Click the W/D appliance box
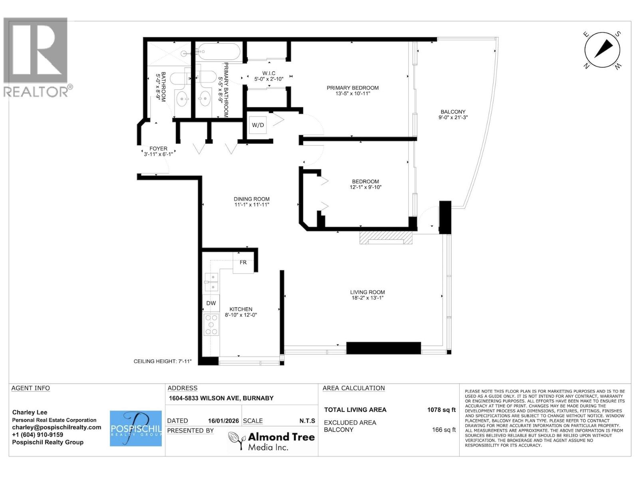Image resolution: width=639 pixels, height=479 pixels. click(x=258, y=125)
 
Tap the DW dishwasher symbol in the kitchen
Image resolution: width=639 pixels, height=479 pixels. click(x=211, y=303)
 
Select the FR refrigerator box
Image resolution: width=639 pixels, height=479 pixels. click(x=243, y=263)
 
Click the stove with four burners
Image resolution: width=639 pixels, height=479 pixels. click(x=211, y=325)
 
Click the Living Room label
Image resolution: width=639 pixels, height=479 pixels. click(x=367, y=292)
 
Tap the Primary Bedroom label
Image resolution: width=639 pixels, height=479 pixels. click(x=353, y=88)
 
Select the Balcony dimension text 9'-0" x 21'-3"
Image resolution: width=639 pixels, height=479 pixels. click(x=453, y=117)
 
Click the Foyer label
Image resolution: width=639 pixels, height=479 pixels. click(x=158, y=148)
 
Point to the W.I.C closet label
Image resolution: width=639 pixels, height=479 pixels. click(x=269, y=73)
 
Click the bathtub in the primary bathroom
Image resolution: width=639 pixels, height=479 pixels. click(x=218, y=52)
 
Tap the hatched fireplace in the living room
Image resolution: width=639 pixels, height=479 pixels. click(x=385, y=238)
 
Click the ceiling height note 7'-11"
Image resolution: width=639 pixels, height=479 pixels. click(x=163, y=361)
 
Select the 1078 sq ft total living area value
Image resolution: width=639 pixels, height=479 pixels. click(x=441, y=410)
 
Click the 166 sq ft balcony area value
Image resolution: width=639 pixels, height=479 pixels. click(x=443, y=430)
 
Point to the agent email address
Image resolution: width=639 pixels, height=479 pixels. click(x=57, y=427)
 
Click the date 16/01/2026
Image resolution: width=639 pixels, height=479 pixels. click(x=224, y=421)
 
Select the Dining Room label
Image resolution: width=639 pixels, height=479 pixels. click(x=252, y=199)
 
